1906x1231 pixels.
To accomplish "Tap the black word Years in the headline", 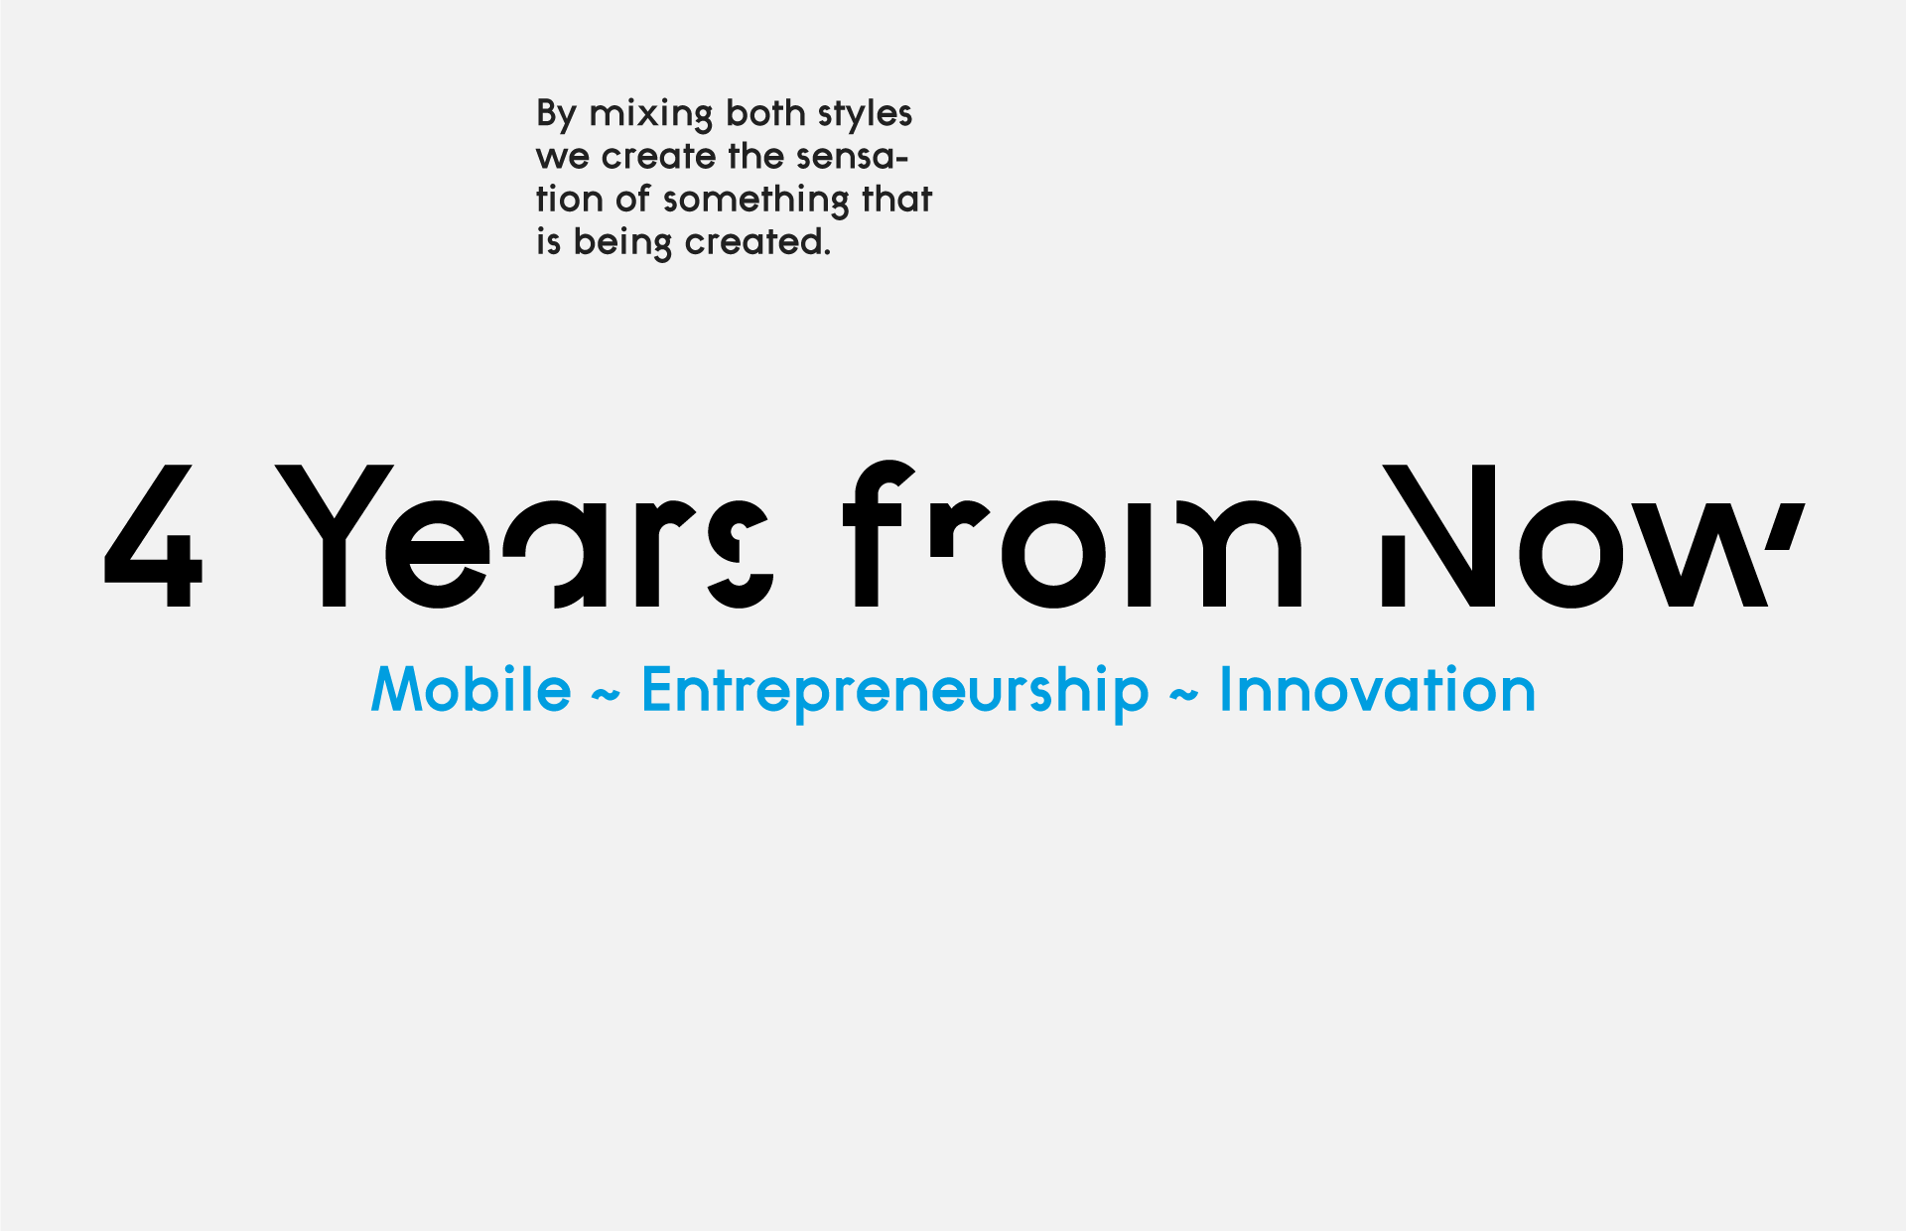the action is (x=523, y=536).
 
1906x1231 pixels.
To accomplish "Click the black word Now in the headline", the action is (x=1592, y=536).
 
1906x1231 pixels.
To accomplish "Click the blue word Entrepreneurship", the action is (x=895, y=691).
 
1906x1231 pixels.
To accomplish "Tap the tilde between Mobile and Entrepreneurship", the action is (x=606, y=696).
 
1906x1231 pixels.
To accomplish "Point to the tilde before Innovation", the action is (x=1183, y=696).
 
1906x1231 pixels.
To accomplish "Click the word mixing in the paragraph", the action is (x=651, y=114).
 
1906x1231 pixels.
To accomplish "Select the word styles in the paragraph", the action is (x=865, y=114).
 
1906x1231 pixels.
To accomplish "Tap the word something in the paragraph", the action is (x=756, y=201).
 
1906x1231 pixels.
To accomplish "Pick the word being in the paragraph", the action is (x=622, y=243).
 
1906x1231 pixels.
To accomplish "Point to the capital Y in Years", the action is (x=335, y=535).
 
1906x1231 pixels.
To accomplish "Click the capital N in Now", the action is (x=1439, y=535).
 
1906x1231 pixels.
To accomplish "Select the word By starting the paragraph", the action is (x=556, y=114).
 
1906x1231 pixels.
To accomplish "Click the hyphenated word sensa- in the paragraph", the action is (x=855, y=158).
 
